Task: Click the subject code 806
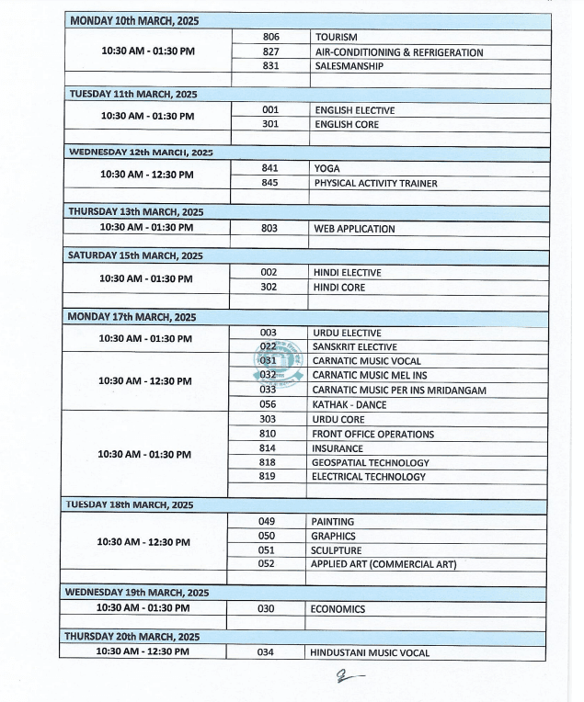(270, 38)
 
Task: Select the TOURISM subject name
(336, 38)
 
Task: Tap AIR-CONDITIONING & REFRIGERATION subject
(398, 52)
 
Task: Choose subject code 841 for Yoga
(269, 168)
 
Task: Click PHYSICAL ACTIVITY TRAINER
(375, 183)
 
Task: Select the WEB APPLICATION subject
(354, 229)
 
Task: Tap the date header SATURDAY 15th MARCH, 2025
(135, 255)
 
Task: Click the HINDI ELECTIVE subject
(347, 273)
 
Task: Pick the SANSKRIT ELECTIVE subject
(354, 347)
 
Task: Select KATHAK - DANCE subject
(349, 404)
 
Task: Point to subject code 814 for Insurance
(268, 448)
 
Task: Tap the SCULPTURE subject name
(336, 550)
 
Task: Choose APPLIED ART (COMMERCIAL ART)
(383, 564)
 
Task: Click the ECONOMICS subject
(338, 609)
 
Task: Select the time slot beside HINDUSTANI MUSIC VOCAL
(144, 651)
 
